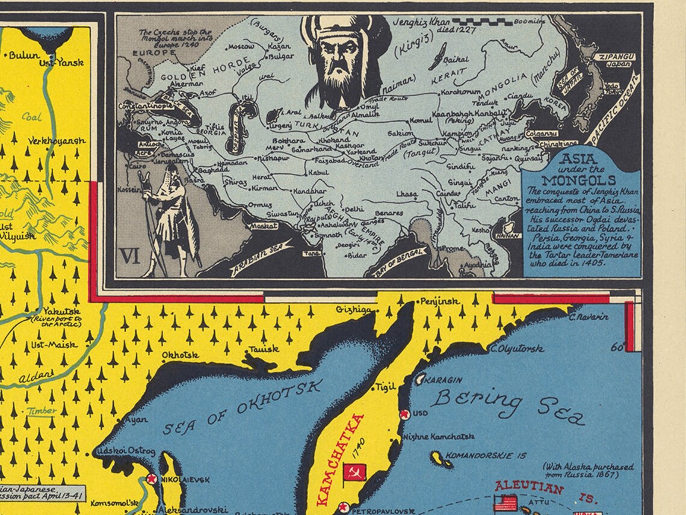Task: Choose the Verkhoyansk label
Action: [x=57, y=141]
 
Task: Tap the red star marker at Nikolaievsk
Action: [x=151, y=480]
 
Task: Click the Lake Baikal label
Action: [x=456, y=60]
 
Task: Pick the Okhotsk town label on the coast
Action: [x=180, y=355]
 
